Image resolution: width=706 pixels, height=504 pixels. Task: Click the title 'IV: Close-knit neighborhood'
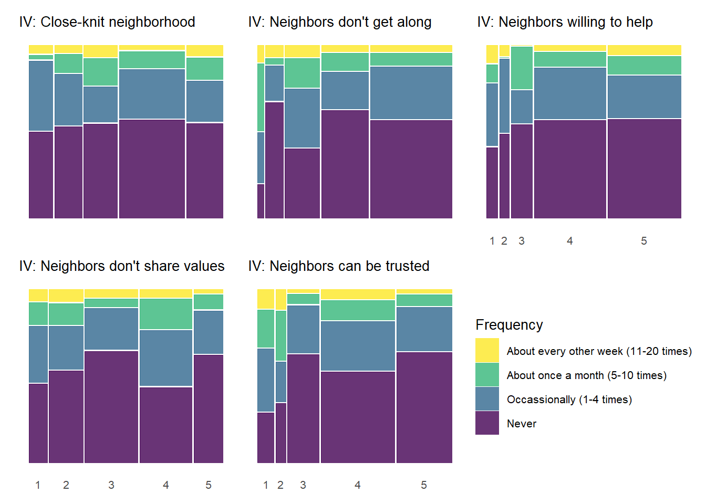(107, 22)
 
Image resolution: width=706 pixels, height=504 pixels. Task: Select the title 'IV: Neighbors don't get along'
(340, 22)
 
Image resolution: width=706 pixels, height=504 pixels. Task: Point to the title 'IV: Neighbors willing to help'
(565, 22)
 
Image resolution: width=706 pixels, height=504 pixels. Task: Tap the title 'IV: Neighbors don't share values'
(122, 266)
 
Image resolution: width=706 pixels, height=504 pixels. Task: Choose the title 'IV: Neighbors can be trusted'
(339, 266)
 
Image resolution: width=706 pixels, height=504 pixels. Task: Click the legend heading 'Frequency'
(509, 325)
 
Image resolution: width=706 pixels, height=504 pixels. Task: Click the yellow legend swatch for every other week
(487, 351)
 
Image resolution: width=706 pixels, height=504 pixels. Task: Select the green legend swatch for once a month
(487, 375)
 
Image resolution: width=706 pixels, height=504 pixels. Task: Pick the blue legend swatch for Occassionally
(487, 399)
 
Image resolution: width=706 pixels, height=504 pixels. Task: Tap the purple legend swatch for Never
(487, 423)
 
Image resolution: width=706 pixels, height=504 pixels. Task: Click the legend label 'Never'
(522, 424)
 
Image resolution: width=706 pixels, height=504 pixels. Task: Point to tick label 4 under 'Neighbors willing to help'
(570, 241)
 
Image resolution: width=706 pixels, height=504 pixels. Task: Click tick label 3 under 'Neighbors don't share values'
(111, 485)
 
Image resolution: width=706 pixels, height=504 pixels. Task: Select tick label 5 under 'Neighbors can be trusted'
(424, 485)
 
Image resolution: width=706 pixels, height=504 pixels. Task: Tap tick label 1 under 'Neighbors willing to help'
(492, 241)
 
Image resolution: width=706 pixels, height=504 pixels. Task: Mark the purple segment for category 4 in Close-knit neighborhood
(152, 169)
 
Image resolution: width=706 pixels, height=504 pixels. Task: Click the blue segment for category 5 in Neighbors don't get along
(411, 93)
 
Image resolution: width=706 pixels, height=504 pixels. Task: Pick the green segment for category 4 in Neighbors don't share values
(166, 314)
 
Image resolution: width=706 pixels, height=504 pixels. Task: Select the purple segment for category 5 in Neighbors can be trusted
(424, 407)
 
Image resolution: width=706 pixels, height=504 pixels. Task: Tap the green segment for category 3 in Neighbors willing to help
(522, 68)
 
